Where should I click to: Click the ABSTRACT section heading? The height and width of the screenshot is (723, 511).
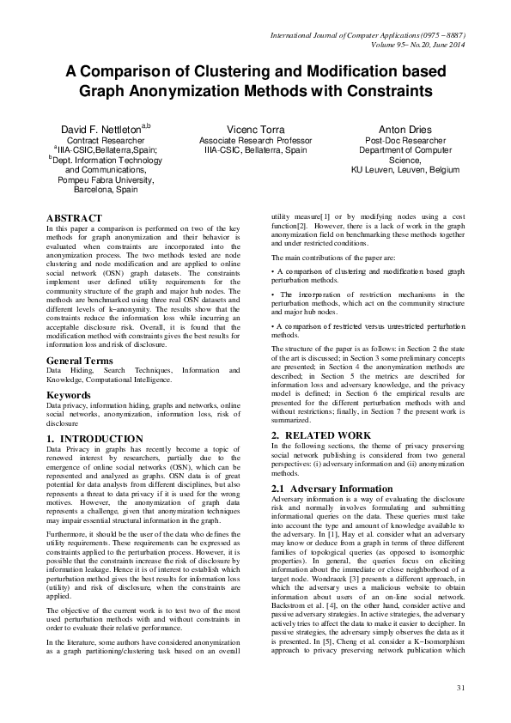tap(74, 218)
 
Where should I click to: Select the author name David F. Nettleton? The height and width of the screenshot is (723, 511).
tap(101, 129)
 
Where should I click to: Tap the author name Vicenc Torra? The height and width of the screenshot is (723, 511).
tap(256, 129)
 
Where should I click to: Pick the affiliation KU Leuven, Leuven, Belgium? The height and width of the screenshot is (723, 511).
tap(405, 169)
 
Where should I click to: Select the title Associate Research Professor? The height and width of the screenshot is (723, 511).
tap(256, 139)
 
